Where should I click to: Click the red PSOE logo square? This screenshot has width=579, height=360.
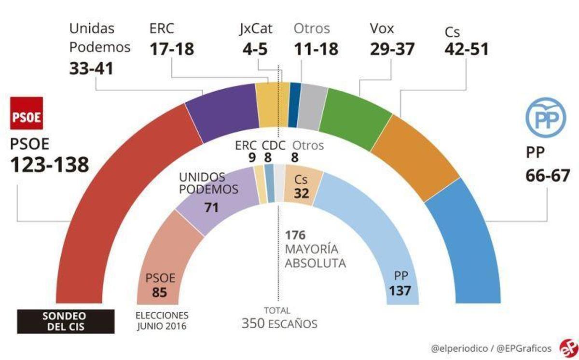tap(27, 113)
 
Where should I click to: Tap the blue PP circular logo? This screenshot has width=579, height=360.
tap(545, 117)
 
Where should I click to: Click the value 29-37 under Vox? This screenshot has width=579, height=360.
tap(392, 49)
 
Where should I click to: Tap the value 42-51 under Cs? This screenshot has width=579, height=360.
tap(466, 49)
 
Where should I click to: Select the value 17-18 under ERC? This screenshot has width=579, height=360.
tap(172, 49)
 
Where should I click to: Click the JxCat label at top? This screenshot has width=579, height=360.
tap(256, 28)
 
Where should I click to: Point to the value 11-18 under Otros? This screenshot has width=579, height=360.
tap(316, 49)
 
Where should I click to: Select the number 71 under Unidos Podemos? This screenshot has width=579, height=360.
tap(211, 208)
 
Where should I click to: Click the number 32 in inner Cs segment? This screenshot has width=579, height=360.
tap(301, 194)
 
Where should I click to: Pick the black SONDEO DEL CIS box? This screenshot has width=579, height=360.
tap(66, 321)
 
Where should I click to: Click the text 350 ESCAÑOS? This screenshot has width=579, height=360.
tap(279, 323)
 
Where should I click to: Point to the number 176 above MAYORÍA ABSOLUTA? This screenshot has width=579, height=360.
tap(295, 235)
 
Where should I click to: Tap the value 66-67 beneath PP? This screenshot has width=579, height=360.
tap(548, 175)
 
